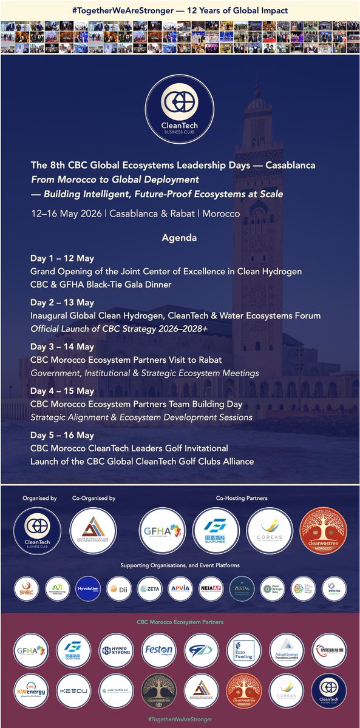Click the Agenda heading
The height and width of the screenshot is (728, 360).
pyautogui.click(x=179, y=238)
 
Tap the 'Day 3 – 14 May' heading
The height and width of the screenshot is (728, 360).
pyautogui.click(x=63, y=347)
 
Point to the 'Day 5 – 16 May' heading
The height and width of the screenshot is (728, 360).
pyautogui.click(x=63, y=435)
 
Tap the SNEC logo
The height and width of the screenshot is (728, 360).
pyautogui.click(x=25, y=588)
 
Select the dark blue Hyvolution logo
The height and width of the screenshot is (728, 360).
pyautogui.click(x=87, y=588)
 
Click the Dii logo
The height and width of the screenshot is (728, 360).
pyautogui.click(x=118, y=588)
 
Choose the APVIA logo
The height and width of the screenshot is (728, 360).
pyautogui.click(x=180, y=588)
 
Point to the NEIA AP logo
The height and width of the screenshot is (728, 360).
pyautogui.click(x=211, y=588)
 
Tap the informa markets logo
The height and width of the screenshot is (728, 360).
pyautogui.click(x=334, y=588)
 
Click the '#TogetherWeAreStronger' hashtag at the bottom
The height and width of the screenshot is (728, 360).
pyautogui.click(x=180, y=719)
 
